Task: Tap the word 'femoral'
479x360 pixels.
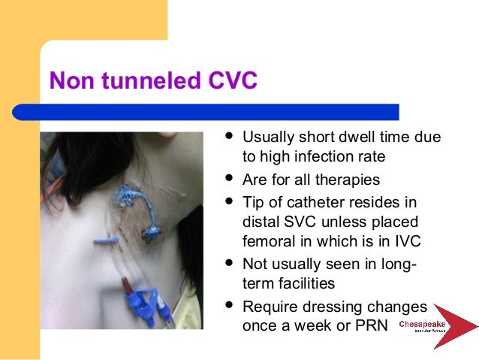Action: (267, 242)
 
